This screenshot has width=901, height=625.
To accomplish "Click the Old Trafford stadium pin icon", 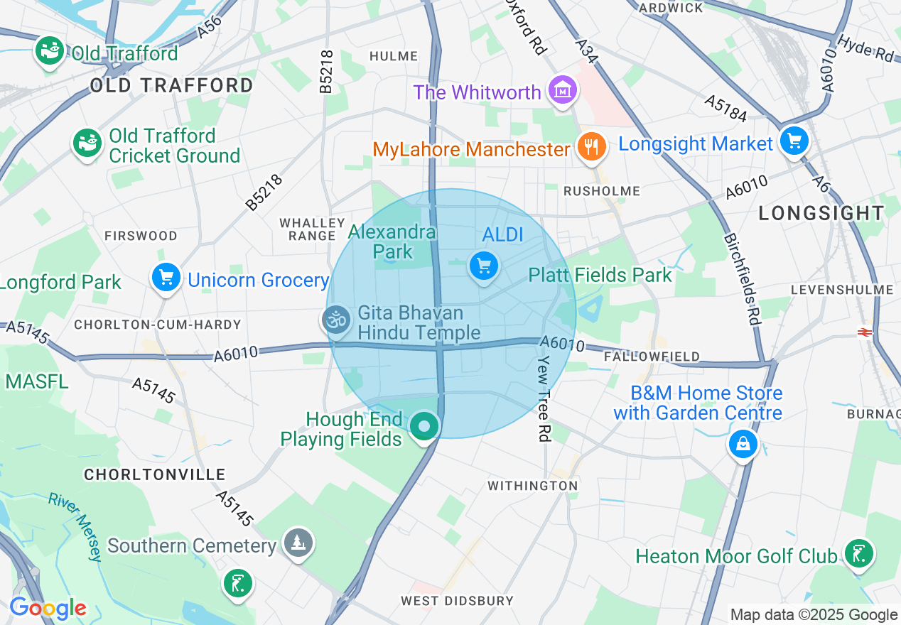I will coord(49,51).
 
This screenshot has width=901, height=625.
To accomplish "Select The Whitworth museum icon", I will coord(563,91).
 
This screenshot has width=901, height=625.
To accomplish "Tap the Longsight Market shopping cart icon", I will coord(794,141).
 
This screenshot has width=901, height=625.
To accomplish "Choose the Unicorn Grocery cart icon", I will coord(166,278).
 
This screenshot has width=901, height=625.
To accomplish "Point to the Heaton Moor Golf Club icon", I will coord(858,554).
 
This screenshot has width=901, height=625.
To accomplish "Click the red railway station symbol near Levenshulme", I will coord(865,332).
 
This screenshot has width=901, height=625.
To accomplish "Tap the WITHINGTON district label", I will coord(532,486).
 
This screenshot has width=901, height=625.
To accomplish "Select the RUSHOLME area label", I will coord(601,191).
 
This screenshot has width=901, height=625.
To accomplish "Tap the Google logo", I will coord(48,609).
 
